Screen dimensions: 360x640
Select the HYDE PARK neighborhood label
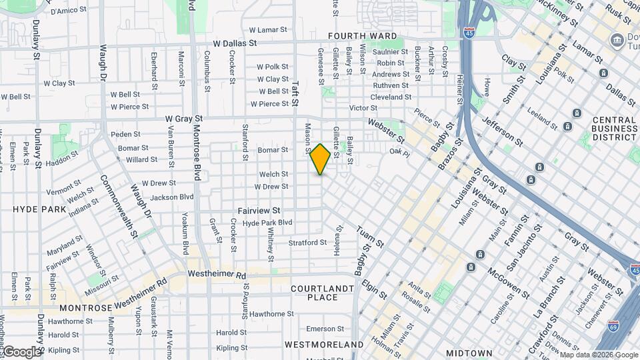pyautogui.click(x=39, y=209)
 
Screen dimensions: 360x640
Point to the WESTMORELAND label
pyautogui.click(x=324, y=345)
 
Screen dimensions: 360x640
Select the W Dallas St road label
pyautogui.click(x=235, y=43)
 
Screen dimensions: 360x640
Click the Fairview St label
pyautogui.click(x=259, y=211)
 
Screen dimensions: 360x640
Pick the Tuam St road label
pyautogui.click(x=371, y=237)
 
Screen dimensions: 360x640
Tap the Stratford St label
pyautogui.click(x=308, y=243)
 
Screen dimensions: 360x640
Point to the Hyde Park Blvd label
pyautogui.click(x=267, y=223)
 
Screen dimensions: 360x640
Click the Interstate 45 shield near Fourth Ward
pyautogui.click(x=470, y=32)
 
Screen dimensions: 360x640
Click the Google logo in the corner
pyautogui.click(x=21, y=351)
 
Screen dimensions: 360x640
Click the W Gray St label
pyautogui.click(x=183, y=118)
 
